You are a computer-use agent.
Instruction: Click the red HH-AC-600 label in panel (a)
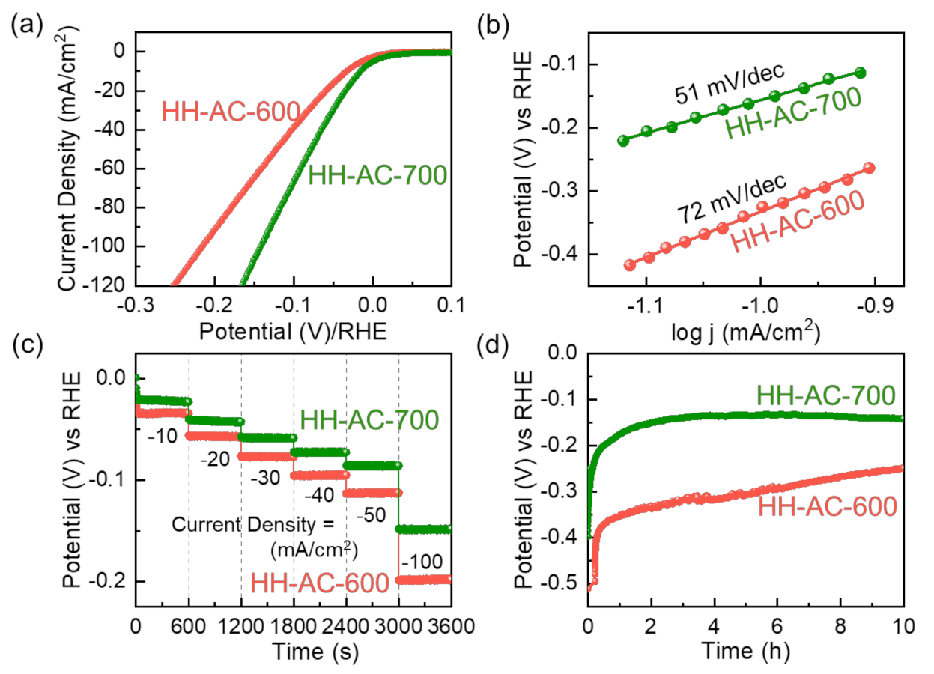(231, 113)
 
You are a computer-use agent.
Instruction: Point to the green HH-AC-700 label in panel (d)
(826, 395)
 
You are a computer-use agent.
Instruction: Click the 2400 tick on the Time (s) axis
(345, 625)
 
